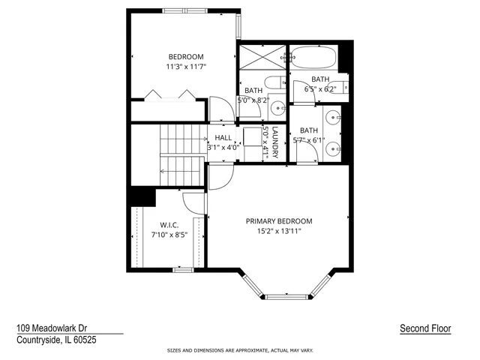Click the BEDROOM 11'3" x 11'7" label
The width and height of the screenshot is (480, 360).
pos(186,61)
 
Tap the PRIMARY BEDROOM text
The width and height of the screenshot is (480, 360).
pos(279,221)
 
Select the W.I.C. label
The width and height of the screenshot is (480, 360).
pos(168,225)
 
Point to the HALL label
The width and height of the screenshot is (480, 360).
pos(223,138)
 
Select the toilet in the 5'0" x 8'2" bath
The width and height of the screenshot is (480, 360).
pos(272,82)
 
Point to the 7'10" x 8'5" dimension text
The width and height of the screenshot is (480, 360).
pos(168,235)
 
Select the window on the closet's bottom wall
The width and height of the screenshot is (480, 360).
pos(183,269)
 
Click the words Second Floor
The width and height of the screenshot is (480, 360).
pos(425,328)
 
